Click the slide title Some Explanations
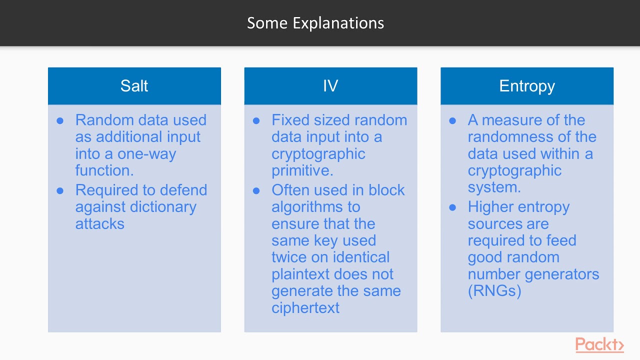[x=315, y=23]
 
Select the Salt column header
[x=134, y=86]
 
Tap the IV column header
[x=330, y=86]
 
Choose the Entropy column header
[x=527, y=86]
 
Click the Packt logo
[x=599, y=344]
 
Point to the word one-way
[x=148, y=153]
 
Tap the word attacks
[x=99, y=223]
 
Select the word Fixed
[x=291, y=120]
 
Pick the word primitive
[x=301, y=170]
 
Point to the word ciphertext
[x=305, y=307]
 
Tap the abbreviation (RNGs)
[x=494, y=290]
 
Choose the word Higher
[x=490, y=207]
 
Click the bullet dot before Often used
[x=256, y=190]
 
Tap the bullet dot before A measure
[x=452, y=120]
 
